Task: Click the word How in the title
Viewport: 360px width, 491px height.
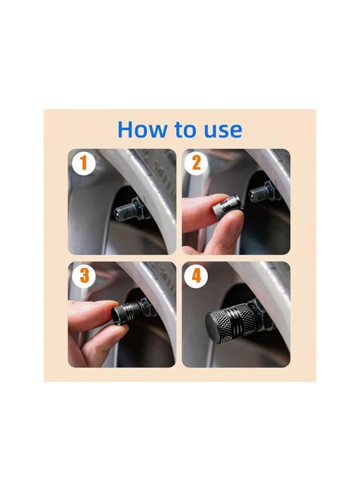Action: (x=143, y=130)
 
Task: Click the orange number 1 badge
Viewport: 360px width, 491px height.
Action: (x=84, y=164)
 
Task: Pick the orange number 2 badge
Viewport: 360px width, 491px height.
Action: (x=196, y=164)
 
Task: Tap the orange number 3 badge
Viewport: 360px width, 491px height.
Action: (x=84, y=276)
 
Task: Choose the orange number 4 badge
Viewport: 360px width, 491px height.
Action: (x=196, y=276)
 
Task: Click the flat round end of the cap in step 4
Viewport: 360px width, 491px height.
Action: (x=217, y=326)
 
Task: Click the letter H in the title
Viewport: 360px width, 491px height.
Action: (x=126, y=130)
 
